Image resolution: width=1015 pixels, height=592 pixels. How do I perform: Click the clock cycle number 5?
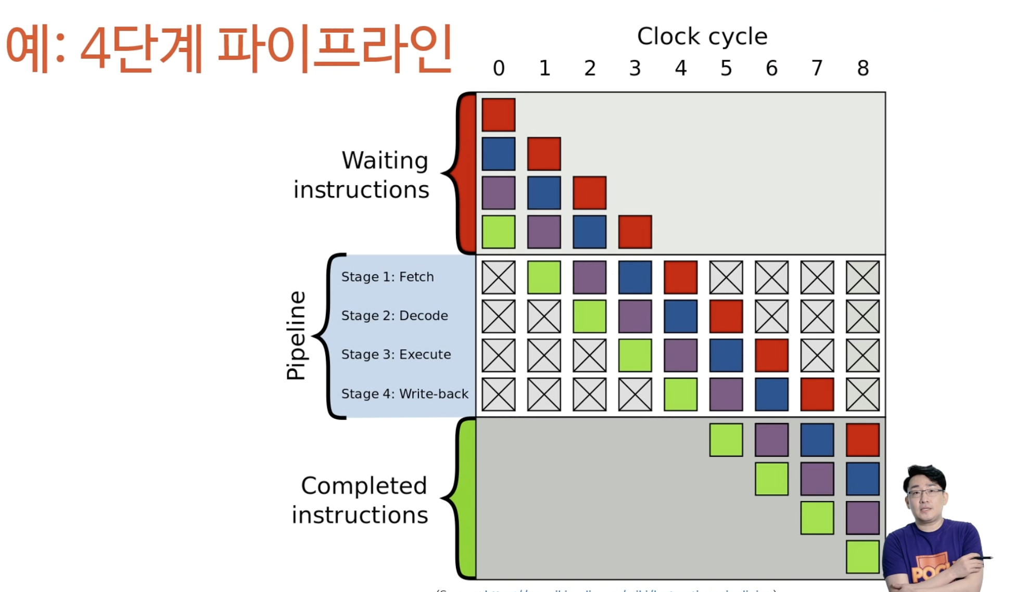pos(726,68)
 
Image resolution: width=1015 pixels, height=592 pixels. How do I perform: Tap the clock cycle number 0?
pos(499,68)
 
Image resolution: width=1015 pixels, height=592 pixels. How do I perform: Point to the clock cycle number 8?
pos(863,68)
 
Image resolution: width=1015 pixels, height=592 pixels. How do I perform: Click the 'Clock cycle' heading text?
pos(702,36)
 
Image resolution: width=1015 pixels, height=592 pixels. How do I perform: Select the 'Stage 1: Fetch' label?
pos(387,277)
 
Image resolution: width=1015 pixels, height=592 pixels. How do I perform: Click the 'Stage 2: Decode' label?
pos(395,316)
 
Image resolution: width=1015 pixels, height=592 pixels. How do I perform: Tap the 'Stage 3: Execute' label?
pos(396,355)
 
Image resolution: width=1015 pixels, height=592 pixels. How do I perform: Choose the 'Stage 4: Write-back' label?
pos(404,394)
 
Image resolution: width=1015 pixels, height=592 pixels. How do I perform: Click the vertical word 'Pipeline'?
pos(296,336)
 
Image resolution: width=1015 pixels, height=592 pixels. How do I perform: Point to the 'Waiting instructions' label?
pos(361,175)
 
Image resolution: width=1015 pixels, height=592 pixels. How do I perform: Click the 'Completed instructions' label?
pos(360,500)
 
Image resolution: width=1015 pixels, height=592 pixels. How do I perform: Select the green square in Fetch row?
pos(544,277)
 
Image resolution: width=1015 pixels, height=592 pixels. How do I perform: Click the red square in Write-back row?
pos(817,394)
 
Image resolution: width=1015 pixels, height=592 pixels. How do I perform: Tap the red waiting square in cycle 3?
pos(635,231)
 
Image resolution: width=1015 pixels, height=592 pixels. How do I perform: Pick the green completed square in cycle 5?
pos(726,440)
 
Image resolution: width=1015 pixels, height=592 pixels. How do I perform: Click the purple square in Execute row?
pos(680,355)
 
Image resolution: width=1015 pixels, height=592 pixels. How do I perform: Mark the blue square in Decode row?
pos(680,316)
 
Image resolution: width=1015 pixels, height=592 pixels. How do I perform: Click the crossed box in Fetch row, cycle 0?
pos(499,277)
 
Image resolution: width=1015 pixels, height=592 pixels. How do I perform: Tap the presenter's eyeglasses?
pos(925,492)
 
